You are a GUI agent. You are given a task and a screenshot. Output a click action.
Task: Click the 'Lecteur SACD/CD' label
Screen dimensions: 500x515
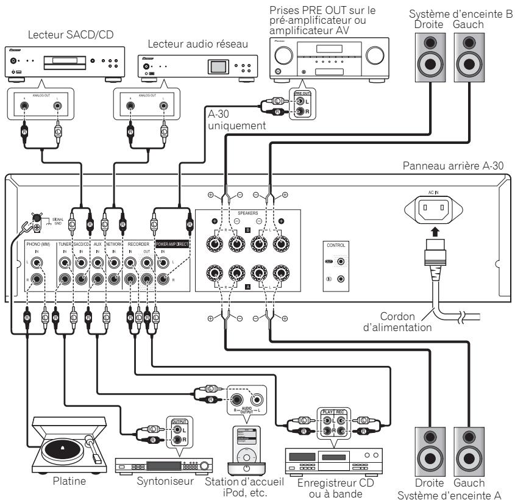point(60,34)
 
